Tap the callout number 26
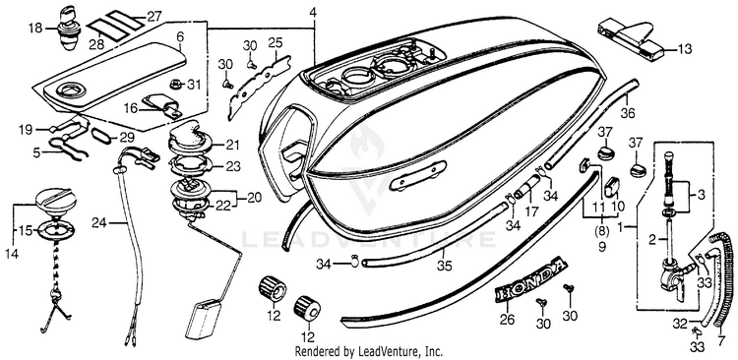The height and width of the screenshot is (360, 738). pyautogui.click(x=507, y=320)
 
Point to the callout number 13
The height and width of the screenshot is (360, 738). pyautogui.click(x=685, y=48)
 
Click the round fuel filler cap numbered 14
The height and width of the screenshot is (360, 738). pyautogui.click(x=55, y=201)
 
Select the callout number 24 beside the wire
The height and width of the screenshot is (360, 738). pyautogui.click(x=99, y=222)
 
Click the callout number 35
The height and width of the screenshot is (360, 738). pyautogui.click(x=444, y=266)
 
